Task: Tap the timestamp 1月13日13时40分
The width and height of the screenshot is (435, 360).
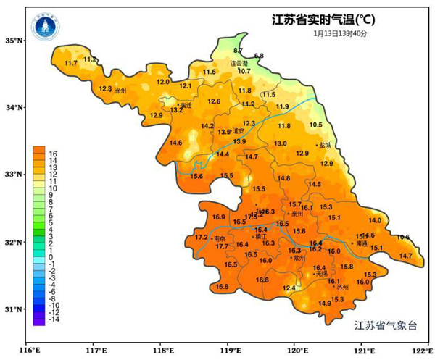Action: tap(340, 33)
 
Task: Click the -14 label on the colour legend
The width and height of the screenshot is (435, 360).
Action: tap(54, 319)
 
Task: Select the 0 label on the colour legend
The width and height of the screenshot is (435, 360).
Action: tap(51, 257)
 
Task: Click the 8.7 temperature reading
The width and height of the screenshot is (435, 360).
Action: tap(239, 50)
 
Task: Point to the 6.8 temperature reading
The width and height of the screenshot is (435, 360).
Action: tap(259, 56)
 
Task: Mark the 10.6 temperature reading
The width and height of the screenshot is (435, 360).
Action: tap(403, 238)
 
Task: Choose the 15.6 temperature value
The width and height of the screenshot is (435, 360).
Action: tap(196, 176)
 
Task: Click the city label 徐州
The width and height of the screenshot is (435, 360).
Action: tap(120, 91)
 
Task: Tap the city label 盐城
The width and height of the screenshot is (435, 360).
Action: tap(324, 145)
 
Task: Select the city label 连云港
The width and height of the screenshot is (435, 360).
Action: tap(239, 63)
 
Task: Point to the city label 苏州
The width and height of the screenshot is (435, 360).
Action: tap(342, 287)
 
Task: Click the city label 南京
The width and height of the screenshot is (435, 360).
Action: tap(220, 238)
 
